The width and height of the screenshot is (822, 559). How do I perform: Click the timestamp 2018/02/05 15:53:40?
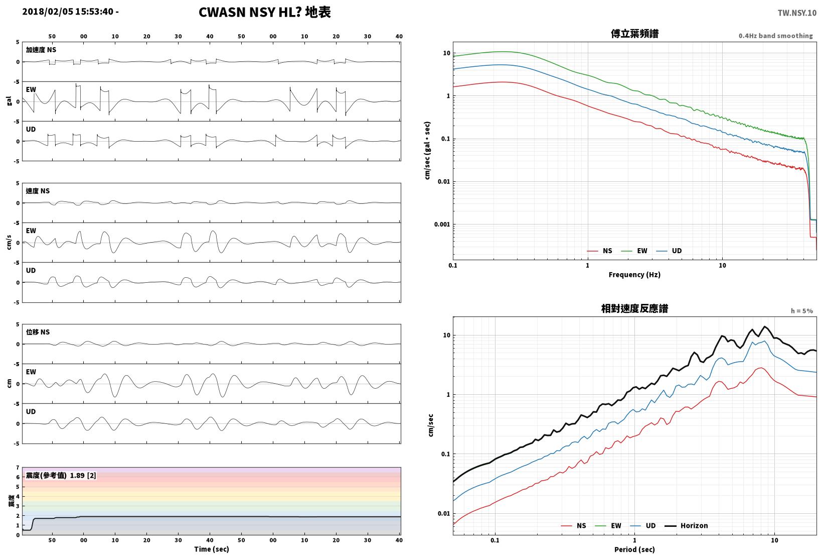[68, 12]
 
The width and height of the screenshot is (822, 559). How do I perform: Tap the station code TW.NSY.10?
[797, 13]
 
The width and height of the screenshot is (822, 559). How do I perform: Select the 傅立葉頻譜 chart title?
[634, 34]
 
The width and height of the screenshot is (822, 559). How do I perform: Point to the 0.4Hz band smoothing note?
[776, 36]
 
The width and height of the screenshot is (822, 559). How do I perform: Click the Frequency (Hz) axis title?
[634, 275]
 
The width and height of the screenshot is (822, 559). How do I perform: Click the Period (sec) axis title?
[634, 549]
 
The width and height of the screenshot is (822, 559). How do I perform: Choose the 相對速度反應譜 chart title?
[634, 308]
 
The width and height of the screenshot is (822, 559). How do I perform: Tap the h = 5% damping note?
[802, 311]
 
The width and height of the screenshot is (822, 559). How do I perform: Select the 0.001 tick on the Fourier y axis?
[442, 224]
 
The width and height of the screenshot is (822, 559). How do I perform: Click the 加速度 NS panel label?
[41, 50]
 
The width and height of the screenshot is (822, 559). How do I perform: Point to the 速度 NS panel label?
[38, 191]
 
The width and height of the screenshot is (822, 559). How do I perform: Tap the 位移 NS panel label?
[38, 332]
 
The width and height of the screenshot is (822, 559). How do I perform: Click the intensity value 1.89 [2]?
[83, 475]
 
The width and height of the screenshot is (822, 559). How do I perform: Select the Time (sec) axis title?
[212, 549]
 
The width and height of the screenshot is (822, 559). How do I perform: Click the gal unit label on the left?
[9, 101]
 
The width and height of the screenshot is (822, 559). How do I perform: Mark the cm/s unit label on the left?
[9, 243]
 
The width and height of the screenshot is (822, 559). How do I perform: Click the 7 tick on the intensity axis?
[18, 468]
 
